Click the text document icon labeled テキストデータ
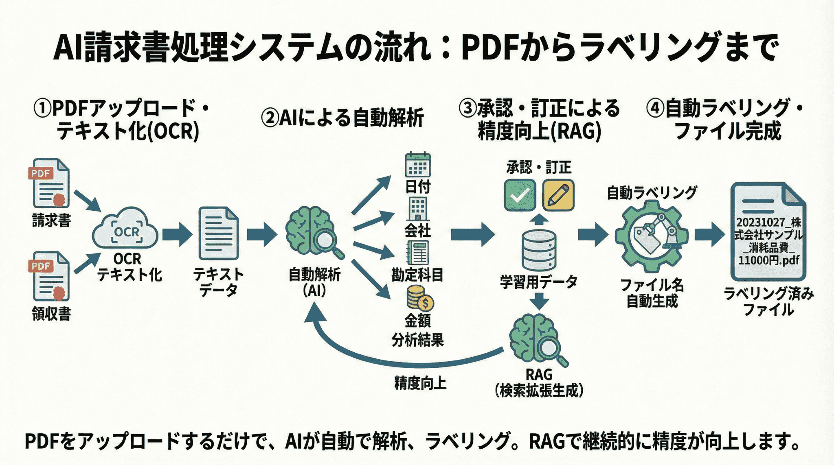click(x=218, y=234)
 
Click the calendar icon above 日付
click(x=418, y=166)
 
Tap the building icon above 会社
click(x=418, y=209)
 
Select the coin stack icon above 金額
click(x=419, y=299)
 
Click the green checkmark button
click(x=520, y=195)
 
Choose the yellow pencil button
click(x=558, y=195)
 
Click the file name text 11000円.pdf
click(x=768, y=260)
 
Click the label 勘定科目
click(x=417, y=275)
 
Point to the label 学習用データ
click(x=539, y=282)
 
